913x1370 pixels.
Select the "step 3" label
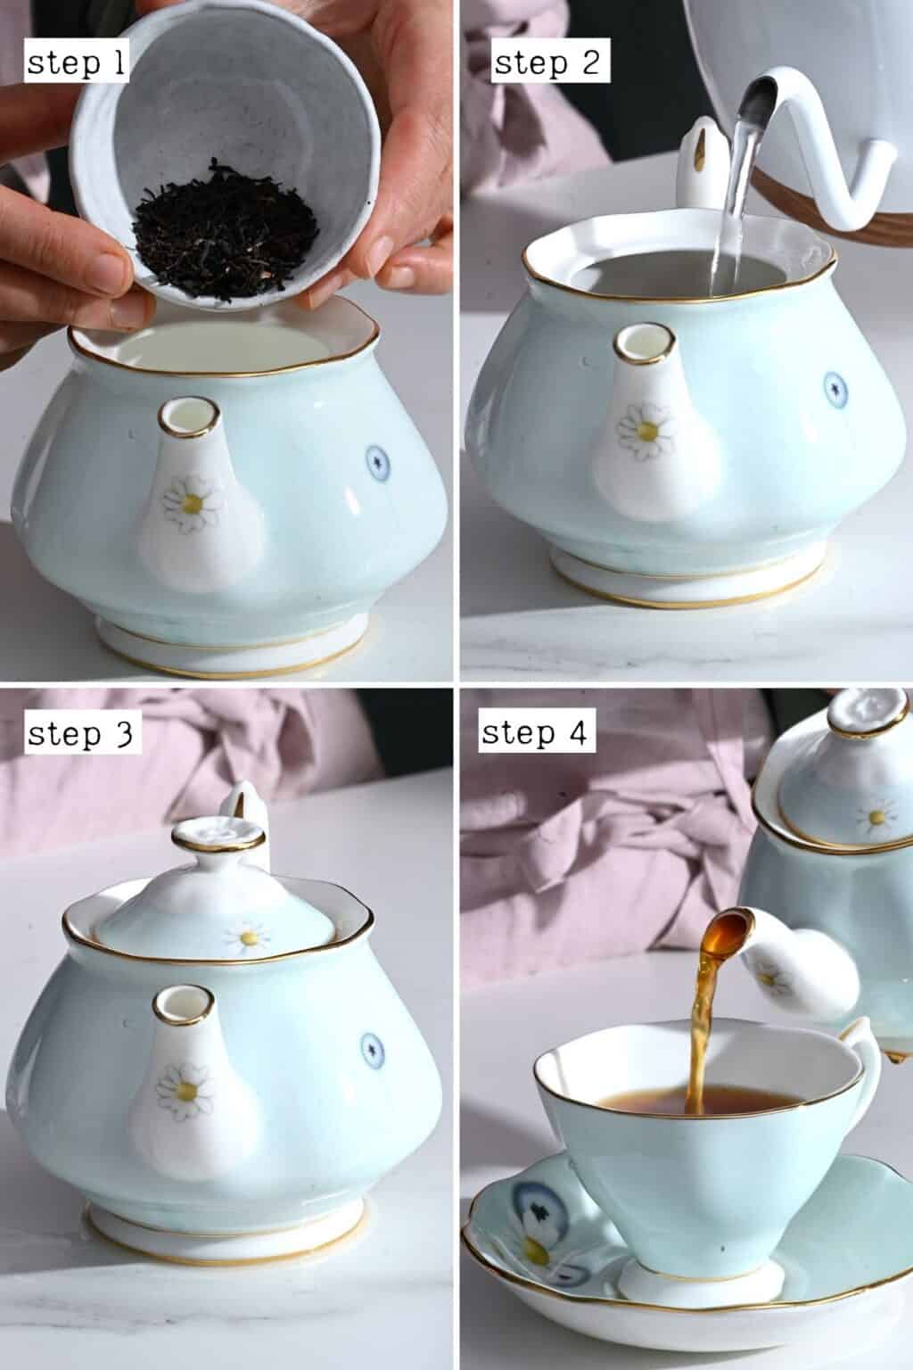pos(79,734)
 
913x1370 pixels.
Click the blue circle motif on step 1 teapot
pos(379,460)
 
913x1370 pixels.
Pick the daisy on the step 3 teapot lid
pos(247,937)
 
